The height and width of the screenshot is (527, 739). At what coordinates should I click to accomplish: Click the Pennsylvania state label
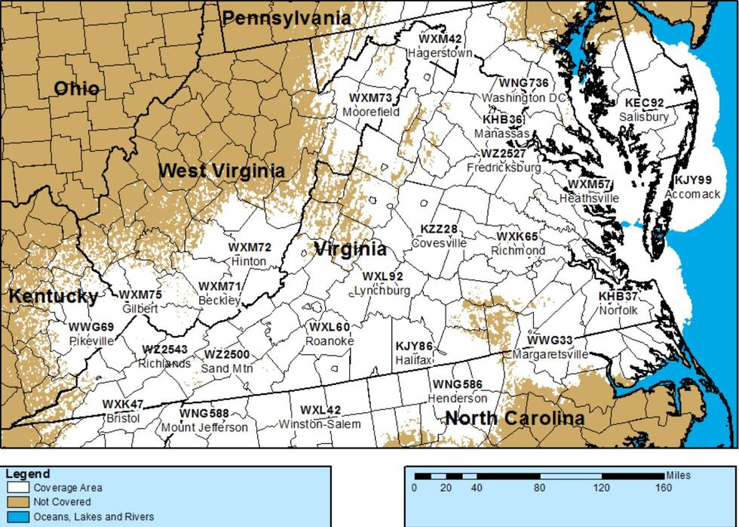tap(287, 17)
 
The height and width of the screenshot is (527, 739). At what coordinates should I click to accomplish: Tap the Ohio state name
tap(76, 89)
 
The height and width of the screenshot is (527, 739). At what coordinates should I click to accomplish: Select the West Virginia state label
tap(221, 171)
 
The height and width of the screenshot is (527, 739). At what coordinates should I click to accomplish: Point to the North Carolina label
tap(514, 418)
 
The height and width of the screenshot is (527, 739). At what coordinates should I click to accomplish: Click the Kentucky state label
tap(53, 296)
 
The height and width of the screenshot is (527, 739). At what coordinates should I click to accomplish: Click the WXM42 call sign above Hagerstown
tap(440, 39)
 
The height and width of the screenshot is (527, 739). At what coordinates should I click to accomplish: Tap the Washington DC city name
tap(523, 98)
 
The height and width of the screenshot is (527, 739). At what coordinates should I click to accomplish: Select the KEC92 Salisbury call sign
tap(644, 103)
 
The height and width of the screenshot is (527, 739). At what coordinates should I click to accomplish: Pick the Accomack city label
tap(692, 194)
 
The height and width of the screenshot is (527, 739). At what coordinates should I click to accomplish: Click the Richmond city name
tap(517, 250)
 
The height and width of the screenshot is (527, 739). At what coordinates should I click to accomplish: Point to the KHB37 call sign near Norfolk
tap(618, 296)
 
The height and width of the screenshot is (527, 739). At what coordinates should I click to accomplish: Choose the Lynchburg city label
tap(382, 291)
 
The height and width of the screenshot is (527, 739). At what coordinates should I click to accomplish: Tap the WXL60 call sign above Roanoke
tap(329, 327)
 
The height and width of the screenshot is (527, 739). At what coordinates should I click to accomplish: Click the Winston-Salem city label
tap(320, 424)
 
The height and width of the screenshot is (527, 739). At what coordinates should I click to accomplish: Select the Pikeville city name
tap(90, 341)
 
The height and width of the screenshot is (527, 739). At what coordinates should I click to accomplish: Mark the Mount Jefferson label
tap(204, 427)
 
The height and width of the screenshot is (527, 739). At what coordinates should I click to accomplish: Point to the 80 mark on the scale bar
tap(539, 488)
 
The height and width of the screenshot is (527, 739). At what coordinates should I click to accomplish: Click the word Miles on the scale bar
tap(678, 476)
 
